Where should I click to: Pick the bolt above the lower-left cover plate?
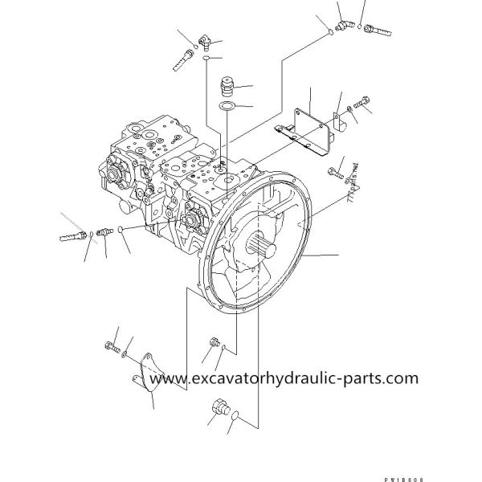tap(109, 346)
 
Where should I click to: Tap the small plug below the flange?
tap(214, 343)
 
